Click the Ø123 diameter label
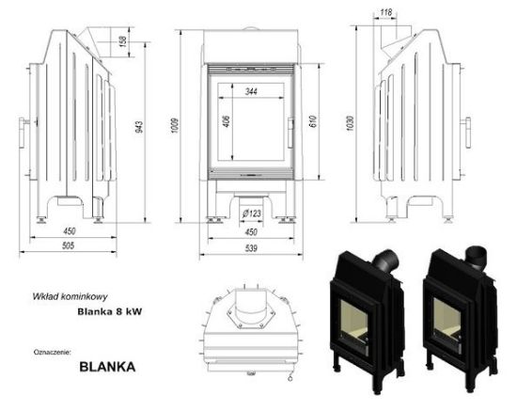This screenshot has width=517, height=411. tap(249, 214)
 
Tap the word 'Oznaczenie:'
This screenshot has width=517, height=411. tap(51, 351)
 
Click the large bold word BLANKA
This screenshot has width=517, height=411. tap(108, 367)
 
